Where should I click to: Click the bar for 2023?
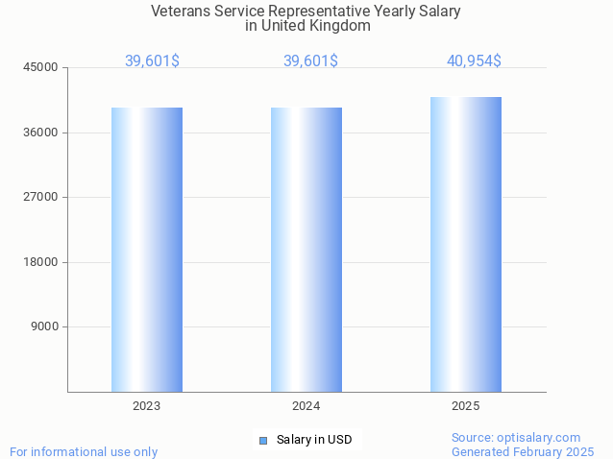(x=146, y=250)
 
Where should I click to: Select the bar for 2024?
(x=306, y=250)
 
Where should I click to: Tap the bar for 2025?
(x=465, y=244)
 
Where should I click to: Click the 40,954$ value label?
(x=474, y=61)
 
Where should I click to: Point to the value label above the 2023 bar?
(x=152, y=61)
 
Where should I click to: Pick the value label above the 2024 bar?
(x=310, y=61)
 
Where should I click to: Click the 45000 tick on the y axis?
(x=42, y=67)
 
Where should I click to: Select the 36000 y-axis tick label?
(x=42, y=133)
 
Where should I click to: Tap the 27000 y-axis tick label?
(x=42, y=197)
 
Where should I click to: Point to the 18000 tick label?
(x=42, y=262)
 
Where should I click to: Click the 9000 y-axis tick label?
(x=45, y=326)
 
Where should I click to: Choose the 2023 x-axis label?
(x=146, y=406)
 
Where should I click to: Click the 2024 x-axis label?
(x=306, y=406)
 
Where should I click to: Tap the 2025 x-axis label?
(x=465, y=406)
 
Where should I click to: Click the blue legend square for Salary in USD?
(x=262, y=441)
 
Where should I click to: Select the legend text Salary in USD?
(x=314, y=441)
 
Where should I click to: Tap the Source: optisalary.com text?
(x=516, y=437)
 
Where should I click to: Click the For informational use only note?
(x=84, y=451)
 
